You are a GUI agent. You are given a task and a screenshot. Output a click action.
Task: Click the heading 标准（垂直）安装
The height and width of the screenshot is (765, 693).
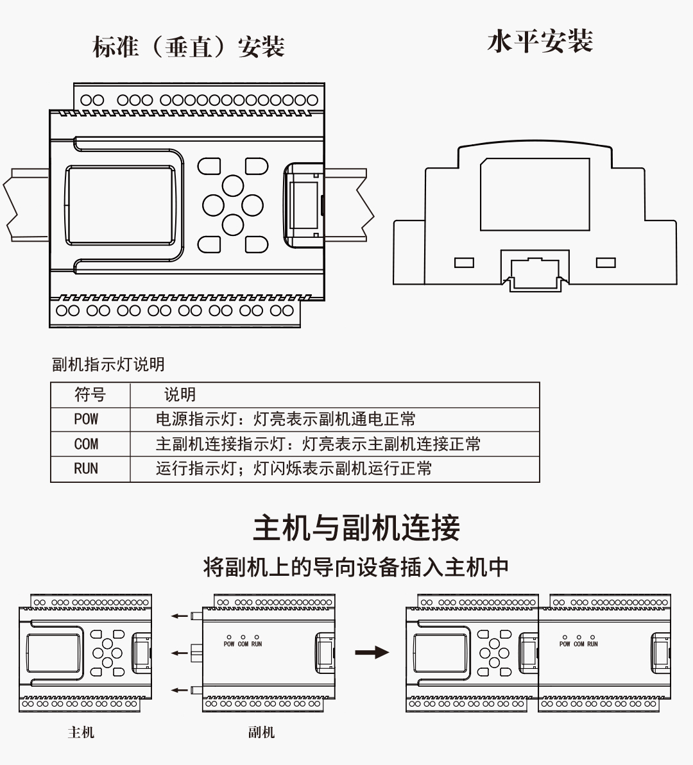[x=189, y=47]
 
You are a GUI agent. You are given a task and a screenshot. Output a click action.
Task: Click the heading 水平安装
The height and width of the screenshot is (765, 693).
[x=540, y=42]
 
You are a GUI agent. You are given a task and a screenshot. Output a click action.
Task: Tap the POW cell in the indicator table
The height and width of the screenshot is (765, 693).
[x=86, y=419]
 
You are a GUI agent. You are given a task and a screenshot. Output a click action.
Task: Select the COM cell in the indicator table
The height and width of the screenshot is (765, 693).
[x=86, y=444]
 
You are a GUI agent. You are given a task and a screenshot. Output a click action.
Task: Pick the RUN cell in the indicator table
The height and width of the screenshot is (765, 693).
[x=86, y=469]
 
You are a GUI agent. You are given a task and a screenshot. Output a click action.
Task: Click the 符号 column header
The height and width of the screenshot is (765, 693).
[x=90, y=395]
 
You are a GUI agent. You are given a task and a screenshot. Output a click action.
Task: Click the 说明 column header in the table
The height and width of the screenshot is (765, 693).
[x=180, y=395]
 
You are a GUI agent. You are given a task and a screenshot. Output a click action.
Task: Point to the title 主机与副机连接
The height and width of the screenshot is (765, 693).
[x=356, y=528]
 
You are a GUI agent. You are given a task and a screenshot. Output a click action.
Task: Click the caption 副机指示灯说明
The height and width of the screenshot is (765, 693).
[x=108, y=364]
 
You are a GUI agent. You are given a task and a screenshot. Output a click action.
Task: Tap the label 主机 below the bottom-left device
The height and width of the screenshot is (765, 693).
[x=81, y=732]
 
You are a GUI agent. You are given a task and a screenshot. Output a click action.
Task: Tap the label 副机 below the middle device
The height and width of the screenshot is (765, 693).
[x=261, y=732]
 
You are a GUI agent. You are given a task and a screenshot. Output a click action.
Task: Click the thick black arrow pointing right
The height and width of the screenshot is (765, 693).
[x=372, y=653]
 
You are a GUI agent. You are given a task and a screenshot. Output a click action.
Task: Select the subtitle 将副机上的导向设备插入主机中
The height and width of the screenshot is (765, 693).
[x=356, y=567]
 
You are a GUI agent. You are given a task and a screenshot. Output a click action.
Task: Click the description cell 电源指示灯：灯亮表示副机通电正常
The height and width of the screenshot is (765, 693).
[x=286, y=419]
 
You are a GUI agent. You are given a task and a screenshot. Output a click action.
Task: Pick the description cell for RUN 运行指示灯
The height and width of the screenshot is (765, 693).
[x=293, y=469]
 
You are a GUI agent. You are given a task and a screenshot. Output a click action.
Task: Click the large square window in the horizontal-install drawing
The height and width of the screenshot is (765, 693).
[x=535, y=194]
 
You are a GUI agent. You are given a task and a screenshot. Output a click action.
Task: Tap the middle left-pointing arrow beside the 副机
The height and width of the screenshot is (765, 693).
[x=180, y=653]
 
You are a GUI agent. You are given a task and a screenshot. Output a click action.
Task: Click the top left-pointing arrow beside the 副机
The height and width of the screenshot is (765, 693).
[x=180, y=616]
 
